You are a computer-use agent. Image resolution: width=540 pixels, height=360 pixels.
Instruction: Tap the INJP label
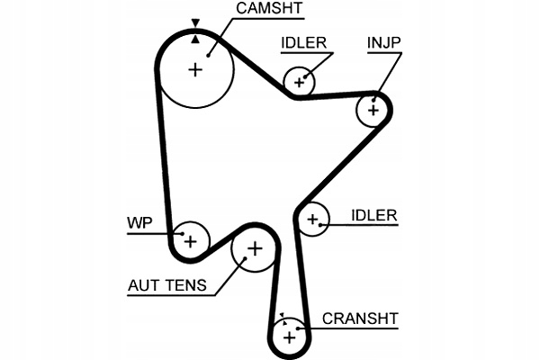coord(384,43)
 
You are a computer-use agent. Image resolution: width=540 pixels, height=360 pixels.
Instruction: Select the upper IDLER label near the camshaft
coord(303,43)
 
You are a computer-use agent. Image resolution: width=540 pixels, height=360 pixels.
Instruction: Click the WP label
coord(140,221)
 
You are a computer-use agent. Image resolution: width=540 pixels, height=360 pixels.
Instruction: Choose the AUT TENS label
coord(166,287)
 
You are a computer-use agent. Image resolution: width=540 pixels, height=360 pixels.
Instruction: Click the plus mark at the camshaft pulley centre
coord(196,69)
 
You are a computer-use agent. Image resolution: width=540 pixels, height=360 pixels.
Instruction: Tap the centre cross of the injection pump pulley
coord(373,110)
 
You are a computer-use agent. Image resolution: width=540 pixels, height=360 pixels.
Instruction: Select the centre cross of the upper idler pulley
coord(300,82)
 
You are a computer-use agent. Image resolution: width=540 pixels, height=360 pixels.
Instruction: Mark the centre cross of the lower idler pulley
coord(312,219)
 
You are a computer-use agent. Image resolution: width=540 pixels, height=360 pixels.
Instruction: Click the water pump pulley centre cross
coord(189,240)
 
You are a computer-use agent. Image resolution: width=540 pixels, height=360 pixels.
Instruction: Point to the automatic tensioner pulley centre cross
coord(254,247)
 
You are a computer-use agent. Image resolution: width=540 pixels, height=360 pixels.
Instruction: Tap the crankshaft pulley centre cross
coord(289,337)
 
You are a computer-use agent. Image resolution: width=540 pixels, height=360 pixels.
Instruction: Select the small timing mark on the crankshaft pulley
coord(282,317)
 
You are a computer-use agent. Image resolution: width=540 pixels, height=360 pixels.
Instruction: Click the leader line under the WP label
coord(148,234)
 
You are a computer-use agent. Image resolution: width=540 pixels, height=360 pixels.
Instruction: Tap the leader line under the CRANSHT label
coord(360,329)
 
